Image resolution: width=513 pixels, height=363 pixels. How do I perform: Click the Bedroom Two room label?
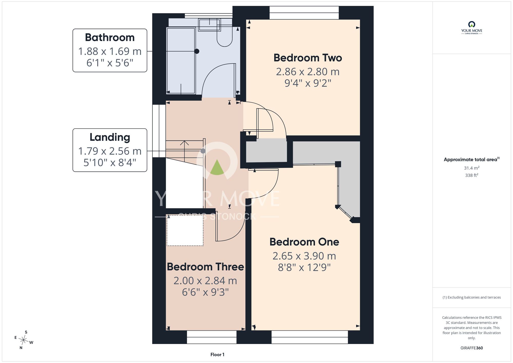pos(308,58)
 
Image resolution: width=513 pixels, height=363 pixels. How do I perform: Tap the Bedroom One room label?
pos(304,242)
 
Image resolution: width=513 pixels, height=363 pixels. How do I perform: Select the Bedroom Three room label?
pos(205,267)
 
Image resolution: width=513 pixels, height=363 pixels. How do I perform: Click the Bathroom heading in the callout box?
pos(110,37)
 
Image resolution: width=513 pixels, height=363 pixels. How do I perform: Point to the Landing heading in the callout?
pos(110,137)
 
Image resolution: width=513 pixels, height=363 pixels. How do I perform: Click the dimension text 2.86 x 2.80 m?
pos(308,72)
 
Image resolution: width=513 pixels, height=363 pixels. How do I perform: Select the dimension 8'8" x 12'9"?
pos(304,268)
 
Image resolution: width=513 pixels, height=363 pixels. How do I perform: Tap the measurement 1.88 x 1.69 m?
pos(110,51)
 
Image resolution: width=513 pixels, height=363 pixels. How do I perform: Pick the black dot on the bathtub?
pos(197,51)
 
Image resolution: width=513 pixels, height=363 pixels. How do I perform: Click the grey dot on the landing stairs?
pos(203,151)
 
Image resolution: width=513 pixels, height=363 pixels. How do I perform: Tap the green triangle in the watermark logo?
pos(217,167)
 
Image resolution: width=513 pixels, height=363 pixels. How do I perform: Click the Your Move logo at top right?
pos(471,28)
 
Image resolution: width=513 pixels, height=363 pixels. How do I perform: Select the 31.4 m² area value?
pos(471,168)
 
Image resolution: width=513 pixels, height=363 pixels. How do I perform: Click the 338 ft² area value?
pos(471,175)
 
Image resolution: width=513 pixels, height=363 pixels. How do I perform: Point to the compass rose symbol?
pos(23,340)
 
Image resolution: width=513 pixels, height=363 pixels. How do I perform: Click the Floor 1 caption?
pos(217,355)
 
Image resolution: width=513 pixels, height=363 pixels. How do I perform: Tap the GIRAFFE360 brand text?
pos(471,348)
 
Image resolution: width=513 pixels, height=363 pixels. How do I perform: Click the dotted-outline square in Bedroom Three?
pos(185,230)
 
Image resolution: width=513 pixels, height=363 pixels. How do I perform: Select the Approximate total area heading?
pos(471,159)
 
